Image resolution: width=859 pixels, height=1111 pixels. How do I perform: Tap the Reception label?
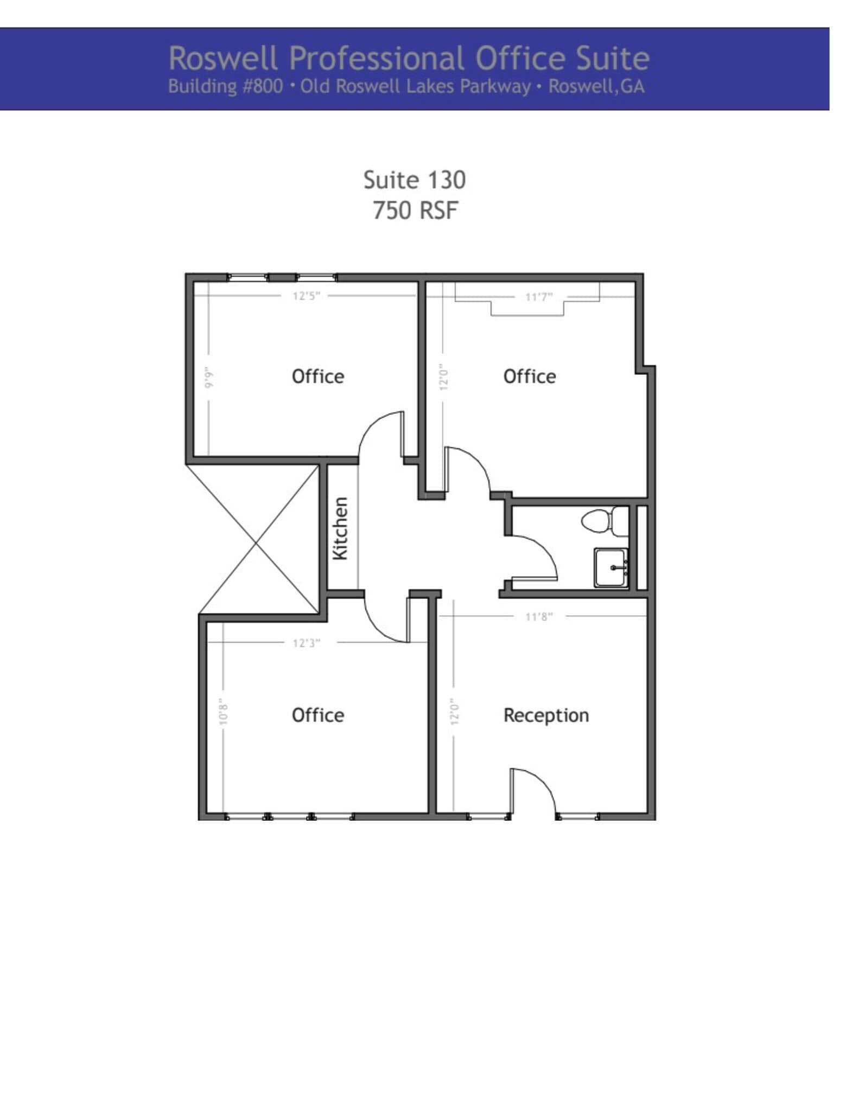tap(546, 715)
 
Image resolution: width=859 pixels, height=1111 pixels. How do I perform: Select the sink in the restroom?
tap(611, 567)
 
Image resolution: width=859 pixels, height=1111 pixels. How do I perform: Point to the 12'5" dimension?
tap(307, 296)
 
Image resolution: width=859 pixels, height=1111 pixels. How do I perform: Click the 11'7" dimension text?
tap(539, 297)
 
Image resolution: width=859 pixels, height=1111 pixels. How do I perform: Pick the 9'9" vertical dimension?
tap(209, 377)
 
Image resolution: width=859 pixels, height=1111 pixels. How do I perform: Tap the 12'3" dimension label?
tap(307, 643)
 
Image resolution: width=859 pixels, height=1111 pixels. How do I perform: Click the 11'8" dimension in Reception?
tap(539, 616)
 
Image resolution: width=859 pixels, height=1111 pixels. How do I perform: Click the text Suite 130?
tap(414, 180)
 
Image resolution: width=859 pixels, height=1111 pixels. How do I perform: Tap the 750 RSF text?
tap(415, 210)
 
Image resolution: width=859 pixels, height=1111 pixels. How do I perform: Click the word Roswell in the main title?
tap(223, 58)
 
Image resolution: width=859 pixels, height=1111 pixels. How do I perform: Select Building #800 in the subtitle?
tap(225, 87)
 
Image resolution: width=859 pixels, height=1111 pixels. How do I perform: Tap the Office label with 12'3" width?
tap(317, 715)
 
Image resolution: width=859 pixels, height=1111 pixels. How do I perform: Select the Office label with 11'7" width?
tap(529, 376)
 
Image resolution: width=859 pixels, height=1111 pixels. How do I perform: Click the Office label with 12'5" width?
tap(317, 376)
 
